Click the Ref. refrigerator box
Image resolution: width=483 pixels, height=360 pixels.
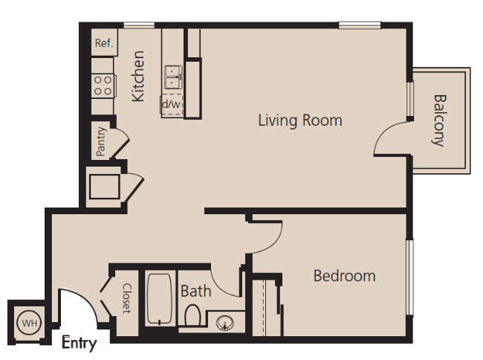click(105, 42)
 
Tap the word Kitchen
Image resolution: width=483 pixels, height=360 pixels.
click(138, 76)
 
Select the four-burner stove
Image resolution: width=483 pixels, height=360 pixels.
click(103, 86)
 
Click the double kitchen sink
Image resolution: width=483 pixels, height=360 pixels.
click(173, 77)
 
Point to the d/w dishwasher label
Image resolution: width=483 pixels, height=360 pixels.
click(171, 104)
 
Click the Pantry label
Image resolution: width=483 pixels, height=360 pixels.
click(101, 141)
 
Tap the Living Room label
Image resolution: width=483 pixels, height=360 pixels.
click(300, 120)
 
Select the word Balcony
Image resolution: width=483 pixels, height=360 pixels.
click(439, 120)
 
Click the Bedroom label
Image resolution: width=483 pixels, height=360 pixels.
click(344, 276)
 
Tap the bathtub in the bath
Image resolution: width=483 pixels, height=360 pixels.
click(160, 299)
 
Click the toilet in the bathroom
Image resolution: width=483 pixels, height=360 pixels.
click(192, 315)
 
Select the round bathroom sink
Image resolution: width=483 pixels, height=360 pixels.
click(225, 323)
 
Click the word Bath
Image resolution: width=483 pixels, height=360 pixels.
click(196, 292)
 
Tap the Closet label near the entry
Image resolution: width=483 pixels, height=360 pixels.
click(127, 298)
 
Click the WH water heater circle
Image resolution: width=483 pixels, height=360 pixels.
click(29, 323)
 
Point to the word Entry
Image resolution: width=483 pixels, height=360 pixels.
click(80, 343)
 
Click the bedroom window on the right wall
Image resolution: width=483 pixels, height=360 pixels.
click(409, 277)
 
